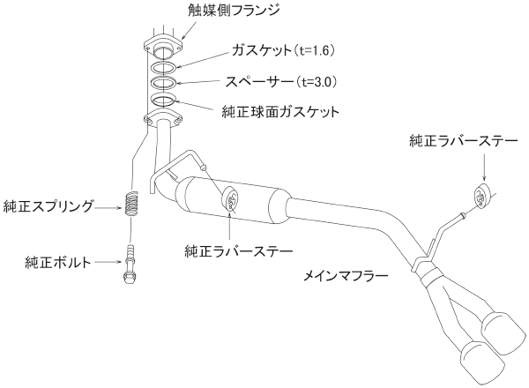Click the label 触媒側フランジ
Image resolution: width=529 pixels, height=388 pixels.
pos(234,10)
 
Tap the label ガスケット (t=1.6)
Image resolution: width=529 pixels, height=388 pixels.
pos(283,50)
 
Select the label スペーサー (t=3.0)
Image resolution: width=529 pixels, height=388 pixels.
pos(281,82)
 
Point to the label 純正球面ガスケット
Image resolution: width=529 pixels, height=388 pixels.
pos(280,112)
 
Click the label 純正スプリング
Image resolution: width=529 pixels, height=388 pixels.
pos(48,206)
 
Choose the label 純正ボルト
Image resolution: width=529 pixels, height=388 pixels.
pos(58,262)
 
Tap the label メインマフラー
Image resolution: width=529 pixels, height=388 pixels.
pos(346,276)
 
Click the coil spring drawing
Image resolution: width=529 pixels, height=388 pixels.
pos(131,204)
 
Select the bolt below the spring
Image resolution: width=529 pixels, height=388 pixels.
pos(130,265)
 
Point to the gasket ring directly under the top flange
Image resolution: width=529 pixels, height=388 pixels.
pos(163,68)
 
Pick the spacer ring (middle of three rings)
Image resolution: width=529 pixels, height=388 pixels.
pos(163,83)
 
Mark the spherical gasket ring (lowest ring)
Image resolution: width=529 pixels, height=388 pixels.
pos(163,99)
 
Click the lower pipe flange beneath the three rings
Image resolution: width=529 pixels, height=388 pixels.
pos(163,118)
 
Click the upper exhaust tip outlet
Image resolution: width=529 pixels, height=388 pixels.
pos(504,332)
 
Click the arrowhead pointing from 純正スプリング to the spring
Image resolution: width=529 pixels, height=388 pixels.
pos(118,207)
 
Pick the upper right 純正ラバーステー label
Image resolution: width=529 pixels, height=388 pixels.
pos(464,141)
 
